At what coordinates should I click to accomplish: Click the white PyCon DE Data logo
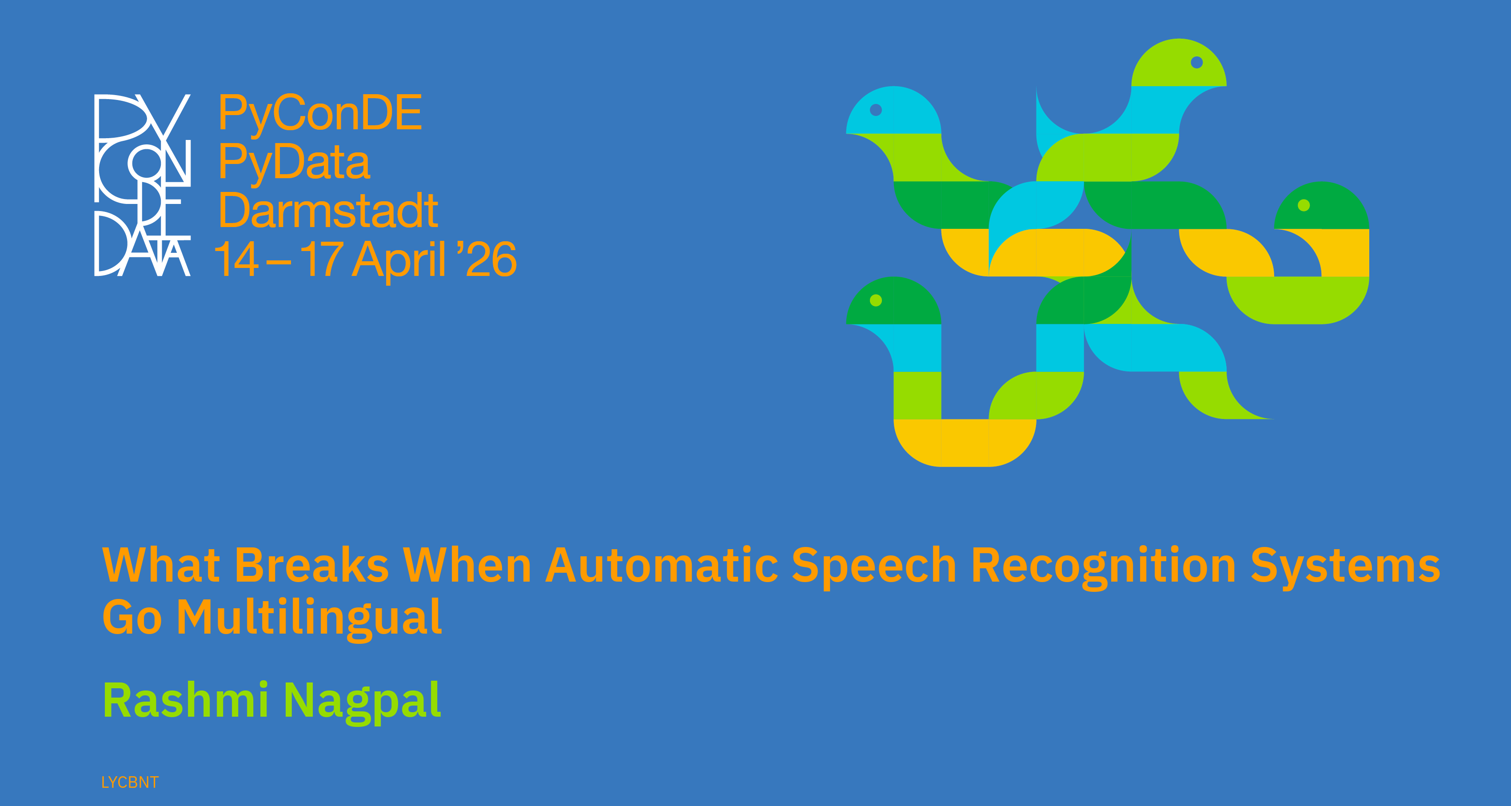pyautogui.click(x=143, y=185)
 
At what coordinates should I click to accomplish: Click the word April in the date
pyautogui.click(x=399, y=260)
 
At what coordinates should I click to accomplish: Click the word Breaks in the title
pyautogui.click(x=311, y=565)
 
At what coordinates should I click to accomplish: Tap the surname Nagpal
pyautogui.click(x=363, y=703)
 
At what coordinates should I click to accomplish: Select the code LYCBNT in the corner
pyautogui.click(x=130, y=782)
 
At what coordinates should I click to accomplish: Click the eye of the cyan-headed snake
pyautogui.click(x=876, y=110)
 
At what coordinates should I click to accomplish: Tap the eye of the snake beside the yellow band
pyautogui.click(x=1304, y=205)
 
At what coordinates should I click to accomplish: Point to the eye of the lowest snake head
pyautogui.click(x=876, y=300)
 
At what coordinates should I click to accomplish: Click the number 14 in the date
pyautogui.click(x=236, y=259)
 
